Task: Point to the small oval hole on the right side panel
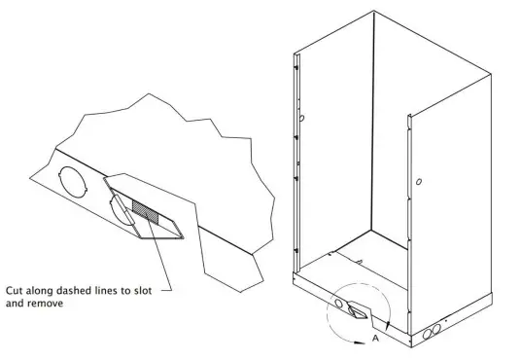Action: click(x=418, y=182)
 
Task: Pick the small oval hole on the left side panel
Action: click(x=302, y=118)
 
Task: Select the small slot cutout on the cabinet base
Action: click(x=357, y=310)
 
